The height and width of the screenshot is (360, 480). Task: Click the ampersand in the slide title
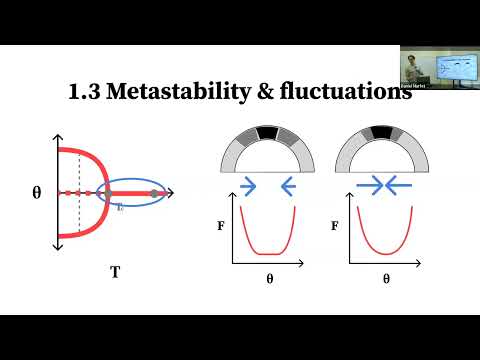[250, 93]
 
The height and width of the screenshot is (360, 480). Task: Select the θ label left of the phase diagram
[36, 191]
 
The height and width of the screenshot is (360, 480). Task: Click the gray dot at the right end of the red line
[153, 191]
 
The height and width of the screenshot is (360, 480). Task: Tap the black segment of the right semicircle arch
[381, 132]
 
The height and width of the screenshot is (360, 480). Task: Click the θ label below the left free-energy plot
[269, 280]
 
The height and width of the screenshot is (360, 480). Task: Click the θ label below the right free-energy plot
[386, 280]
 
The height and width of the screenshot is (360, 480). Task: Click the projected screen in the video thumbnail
[456, 63]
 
